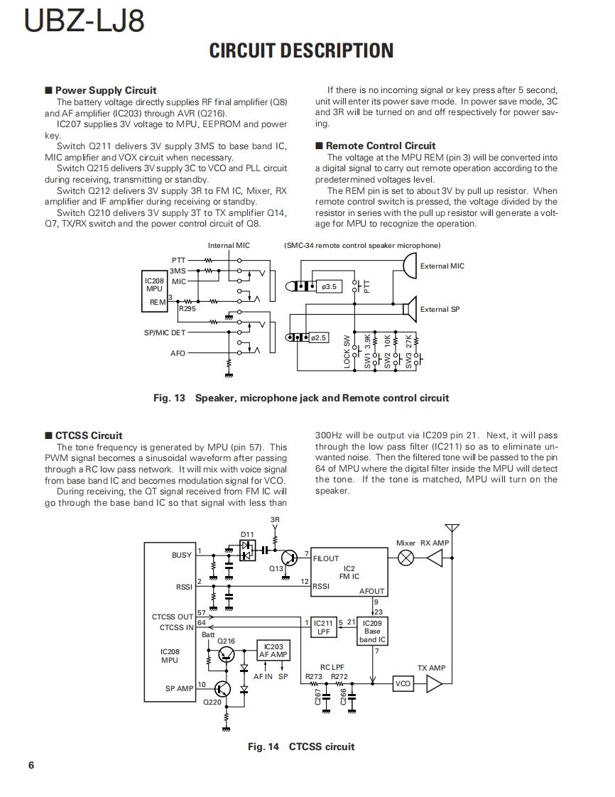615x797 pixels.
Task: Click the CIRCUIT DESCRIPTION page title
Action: [301, 50]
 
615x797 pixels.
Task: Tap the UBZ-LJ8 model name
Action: [85, 21]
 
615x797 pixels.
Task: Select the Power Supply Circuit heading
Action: [106, 90]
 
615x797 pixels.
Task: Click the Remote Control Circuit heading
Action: [381, 146]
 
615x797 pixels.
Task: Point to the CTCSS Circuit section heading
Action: [89, 435]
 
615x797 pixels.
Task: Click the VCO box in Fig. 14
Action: [403, 683]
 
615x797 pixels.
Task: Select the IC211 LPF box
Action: [323, 627]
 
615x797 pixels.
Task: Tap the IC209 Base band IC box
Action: [372, 631]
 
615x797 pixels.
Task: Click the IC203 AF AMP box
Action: [273, 651]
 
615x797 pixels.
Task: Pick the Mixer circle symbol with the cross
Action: [406, 558]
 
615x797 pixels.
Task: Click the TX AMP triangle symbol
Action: [434, 683]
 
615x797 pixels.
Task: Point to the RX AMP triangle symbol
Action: [434, 558]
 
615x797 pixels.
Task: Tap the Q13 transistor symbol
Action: [289, 558]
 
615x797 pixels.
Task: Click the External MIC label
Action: [442, 266]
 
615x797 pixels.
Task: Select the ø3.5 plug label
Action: [329, 287]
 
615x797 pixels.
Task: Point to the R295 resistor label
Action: [187, 309]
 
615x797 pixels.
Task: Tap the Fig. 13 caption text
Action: [301, 398]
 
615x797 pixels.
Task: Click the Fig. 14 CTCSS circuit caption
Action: [301, 746]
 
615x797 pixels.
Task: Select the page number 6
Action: [31, 765]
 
